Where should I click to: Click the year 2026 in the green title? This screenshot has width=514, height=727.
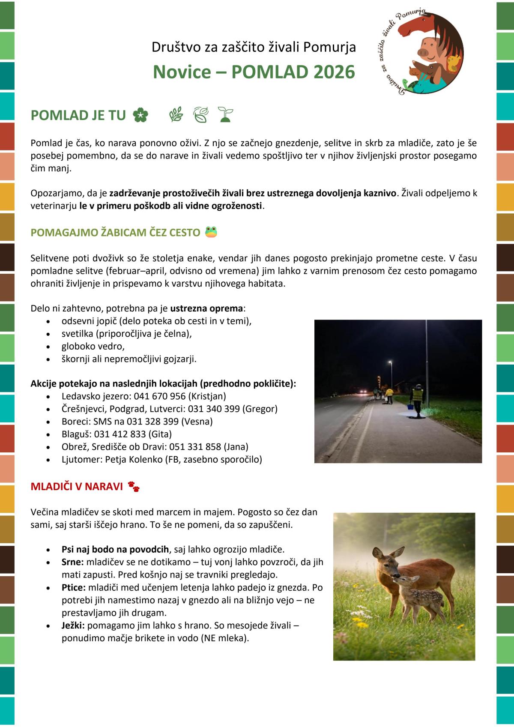point(334,72)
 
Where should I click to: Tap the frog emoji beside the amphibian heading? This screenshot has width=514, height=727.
point(211,232)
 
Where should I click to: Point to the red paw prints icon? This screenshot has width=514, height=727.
point(134,486)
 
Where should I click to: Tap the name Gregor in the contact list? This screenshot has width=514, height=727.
point(260,409)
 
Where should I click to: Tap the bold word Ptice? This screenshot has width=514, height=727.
point(73,587)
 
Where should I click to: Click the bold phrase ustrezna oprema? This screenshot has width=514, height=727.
point(206,308)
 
